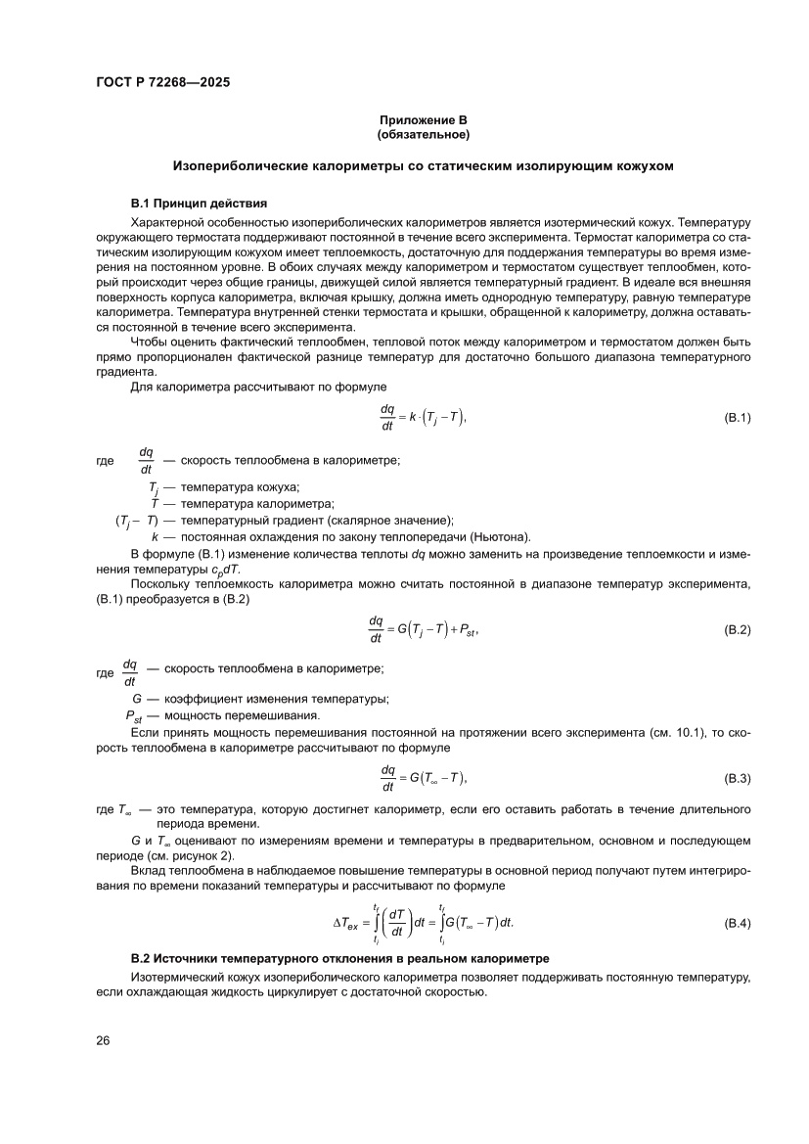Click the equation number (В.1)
pos(736,418)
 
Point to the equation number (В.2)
pos(736,629)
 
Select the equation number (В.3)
pos(736,778)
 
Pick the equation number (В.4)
pos(736,923)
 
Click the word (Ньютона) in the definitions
pos(500,536)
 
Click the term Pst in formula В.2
pos(466,630)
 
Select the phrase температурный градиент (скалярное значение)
pos(317,520)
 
